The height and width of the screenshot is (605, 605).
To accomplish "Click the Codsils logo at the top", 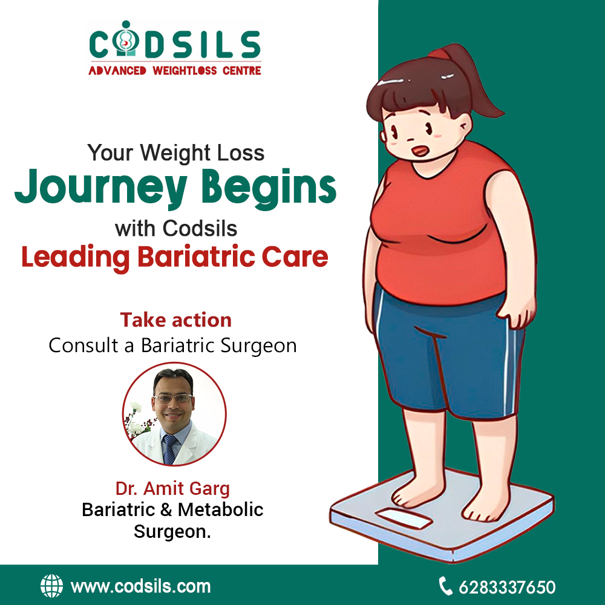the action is [x=175, y=48].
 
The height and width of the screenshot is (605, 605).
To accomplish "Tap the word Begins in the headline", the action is [x=269, y=188].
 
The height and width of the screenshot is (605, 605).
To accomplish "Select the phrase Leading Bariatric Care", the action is [x=175, y=257].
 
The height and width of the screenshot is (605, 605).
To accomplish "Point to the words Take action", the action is [x=175, y=320].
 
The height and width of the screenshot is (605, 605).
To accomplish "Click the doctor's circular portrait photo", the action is [x=174, y=414].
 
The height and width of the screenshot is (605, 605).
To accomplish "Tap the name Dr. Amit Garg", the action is [x=172, y=489].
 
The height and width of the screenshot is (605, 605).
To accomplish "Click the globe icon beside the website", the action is [x=51, y=586].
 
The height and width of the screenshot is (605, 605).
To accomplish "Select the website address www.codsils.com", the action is [x=141, y=586].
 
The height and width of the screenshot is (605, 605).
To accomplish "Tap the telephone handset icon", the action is [x=446, y=586].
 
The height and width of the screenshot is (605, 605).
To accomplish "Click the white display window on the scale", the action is [x=404, y=519].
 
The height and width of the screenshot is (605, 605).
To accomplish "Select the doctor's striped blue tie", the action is [x=169, y=449].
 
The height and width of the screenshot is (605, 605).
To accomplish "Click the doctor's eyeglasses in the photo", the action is [x=173, y=399].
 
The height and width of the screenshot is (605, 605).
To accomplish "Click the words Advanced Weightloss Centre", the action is [x=175, y=71].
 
